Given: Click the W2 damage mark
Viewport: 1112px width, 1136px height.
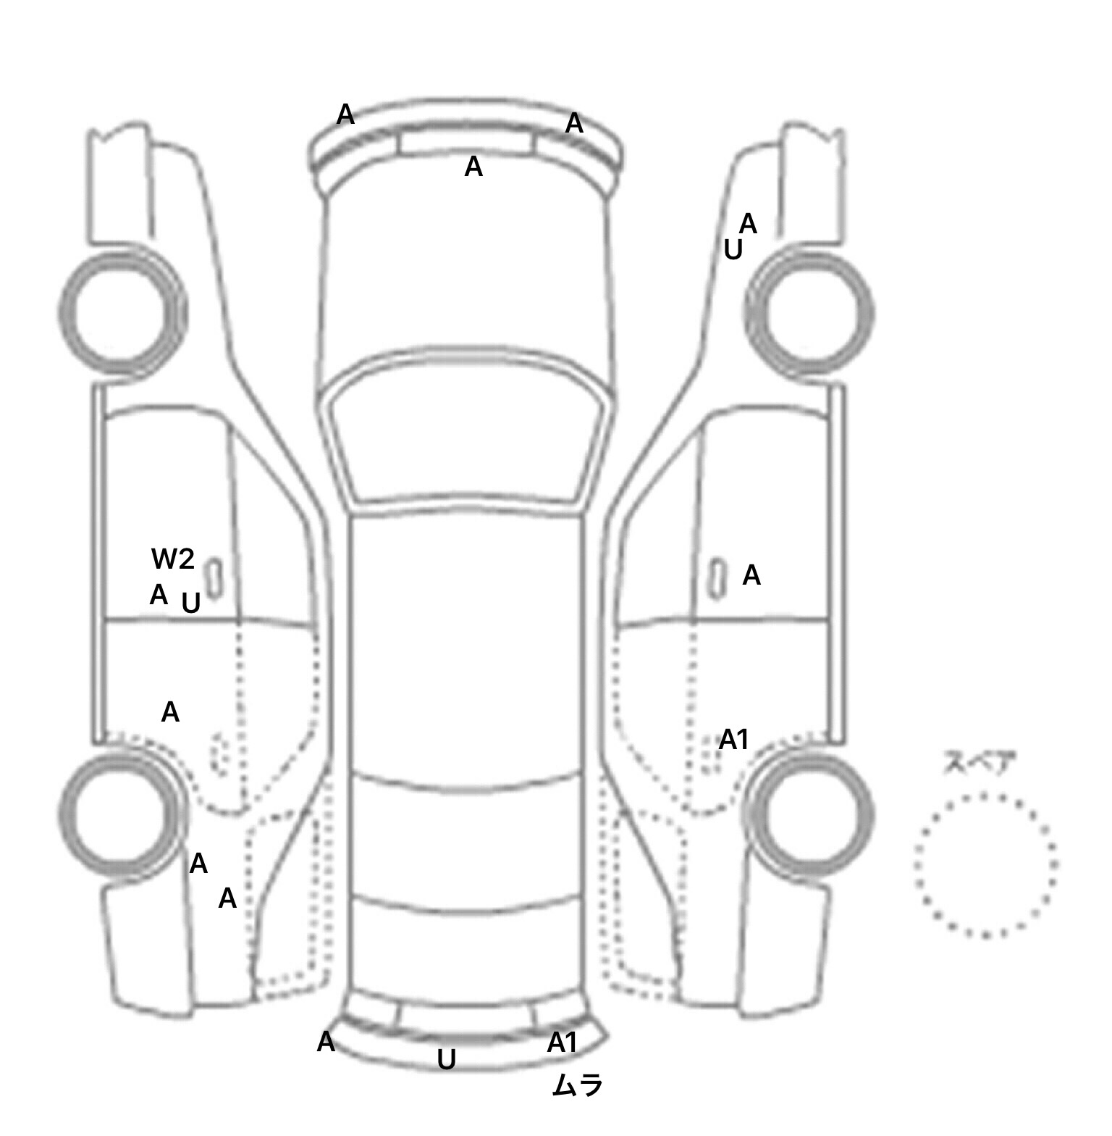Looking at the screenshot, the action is (x=173, y=559).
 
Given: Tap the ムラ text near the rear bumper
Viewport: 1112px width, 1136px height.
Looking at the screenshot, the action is (x=577, y=1085).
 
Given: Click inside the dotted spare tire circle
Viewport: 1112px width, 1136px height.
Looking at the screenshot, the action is (x=985, y=865).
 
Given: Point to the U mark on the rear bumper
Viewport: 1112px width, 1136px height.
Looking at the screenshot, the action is (x=447, y=1061).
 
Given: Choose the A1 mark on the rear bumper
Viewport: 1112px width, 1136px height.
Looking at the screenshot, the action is (x=562, y=1043).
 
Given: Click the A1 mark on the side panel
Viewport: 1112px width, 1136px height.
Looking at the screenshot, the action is (x=733, y=740).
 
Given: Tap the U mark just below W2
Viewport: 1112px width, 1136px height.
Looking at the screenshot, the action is (x=190, y=603).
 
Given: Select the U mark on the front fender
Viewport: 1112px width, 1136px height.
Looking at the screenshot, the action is (x=733, y=250).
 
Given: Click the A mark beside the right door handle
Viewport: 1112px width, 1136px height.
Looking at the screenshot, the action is (x=751, y=575).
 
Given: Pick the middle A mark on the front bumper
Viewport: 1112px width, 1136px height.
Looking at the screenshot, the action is (x=473, y=167).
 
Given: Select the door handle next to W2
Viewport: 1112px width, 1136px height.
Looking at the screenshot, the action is (x=215, y=577).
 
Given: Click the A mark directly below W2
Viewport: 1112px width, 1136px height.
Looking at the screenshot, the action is (x=159, y=595).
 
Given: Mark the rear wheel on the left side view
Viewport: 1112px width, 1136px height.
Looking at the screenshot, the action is (x=122, y=814).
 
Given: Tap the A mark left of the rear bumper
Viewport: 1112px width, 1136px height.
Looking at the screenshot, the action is (x=326, y=1042).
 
